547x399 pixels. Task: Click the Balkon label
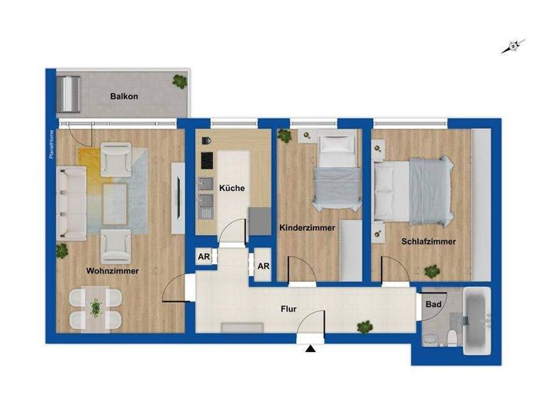(x=123, y=96)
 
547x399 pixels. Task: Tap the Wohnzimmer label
(x=113, y=271)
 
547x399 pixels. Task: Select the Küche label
(x=232, y=189)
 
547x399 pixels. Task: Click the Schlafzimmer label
(x=428, y=242)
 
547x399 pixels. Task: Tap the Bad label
(x=432, y=304)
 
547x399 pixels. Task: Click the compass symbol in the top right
(x=512, y=47)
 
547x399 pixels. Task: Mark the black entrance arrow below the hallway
(x=310, y=349)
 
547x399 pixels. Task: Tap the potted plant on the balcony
(x=179, y=81)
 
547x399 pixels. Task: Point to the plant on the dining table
(x=95, y=308)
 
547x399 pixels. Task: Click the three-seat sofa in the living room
(x=71, y=203)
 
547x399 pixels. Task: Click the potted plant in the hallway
(x=365, y=326)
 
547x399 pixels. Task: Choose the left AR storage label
(x=204, y=258)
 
